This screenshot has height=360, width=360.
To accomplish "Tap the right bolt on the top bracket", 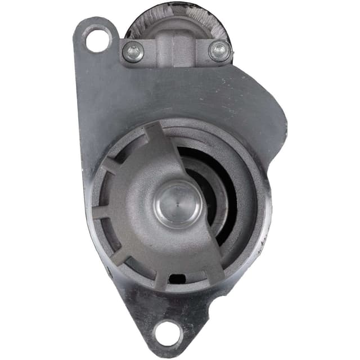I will click(x=219, y=50).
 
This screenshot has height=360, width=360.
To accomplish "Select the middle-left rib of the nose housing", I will click(x=101, y=213).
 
